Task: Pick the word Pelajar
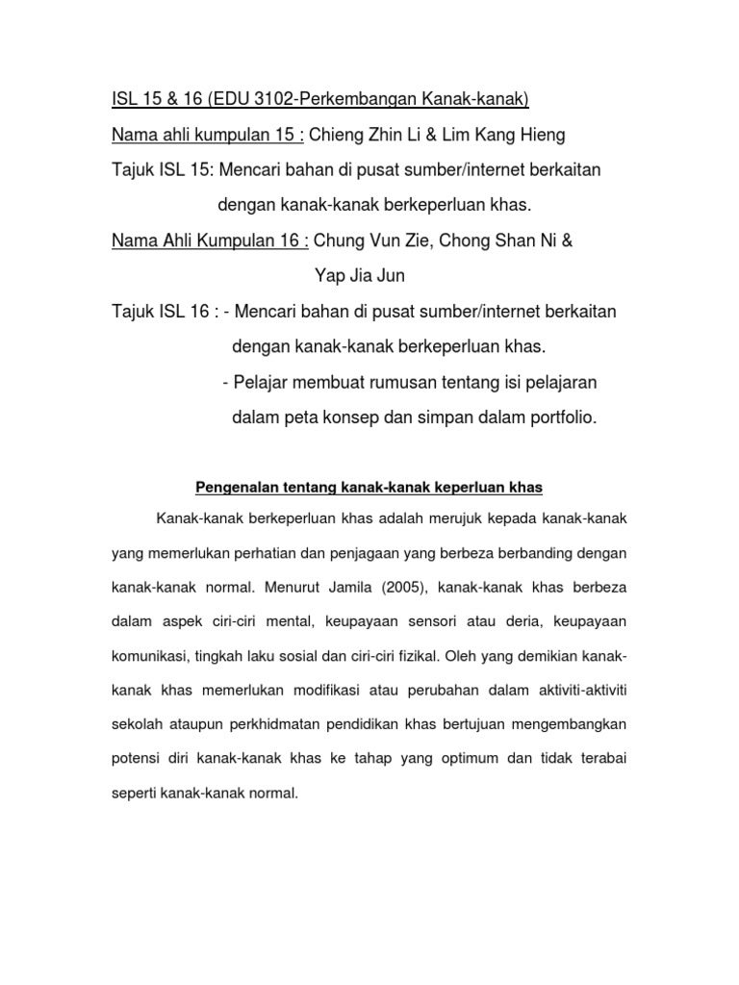(264, 382)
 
